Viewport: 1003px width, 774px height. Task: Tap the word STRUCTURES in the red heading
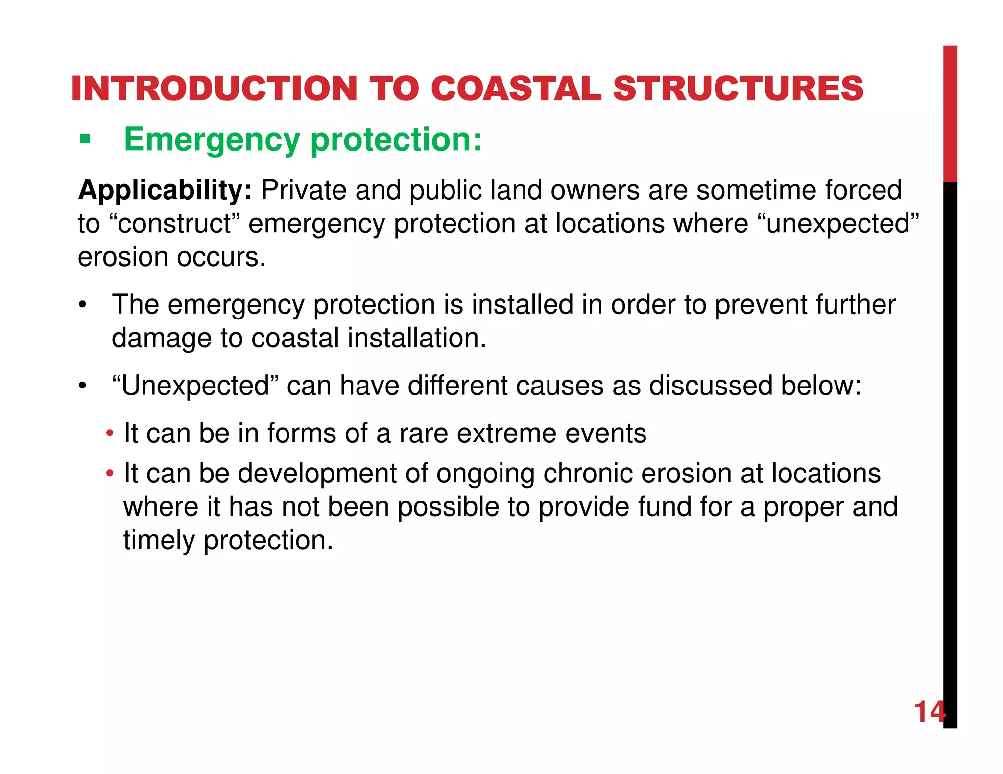click(738, 89)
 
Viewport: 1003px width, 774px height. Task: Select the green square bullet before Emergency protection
click(85, 140)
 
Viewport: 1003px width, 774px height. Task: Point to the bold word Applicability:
click(165, 190)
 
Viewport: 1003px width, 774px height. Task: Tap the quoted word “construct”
click(172, 224)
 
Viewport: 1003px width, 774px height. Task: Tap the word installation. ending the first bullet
click(417, 338)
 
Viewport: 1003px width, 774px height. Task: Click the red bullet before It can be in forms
click(110, 433)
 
